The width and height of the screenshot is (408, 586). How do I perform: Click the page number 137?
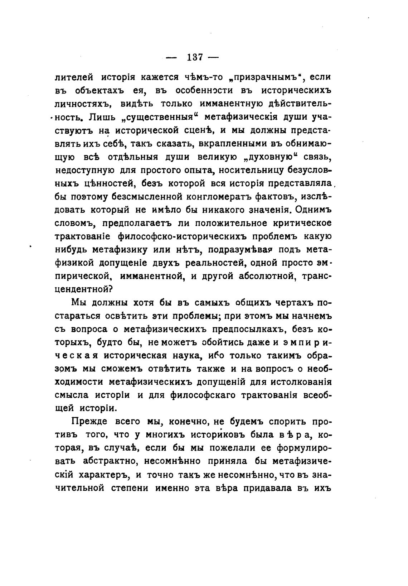[195, 57]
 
